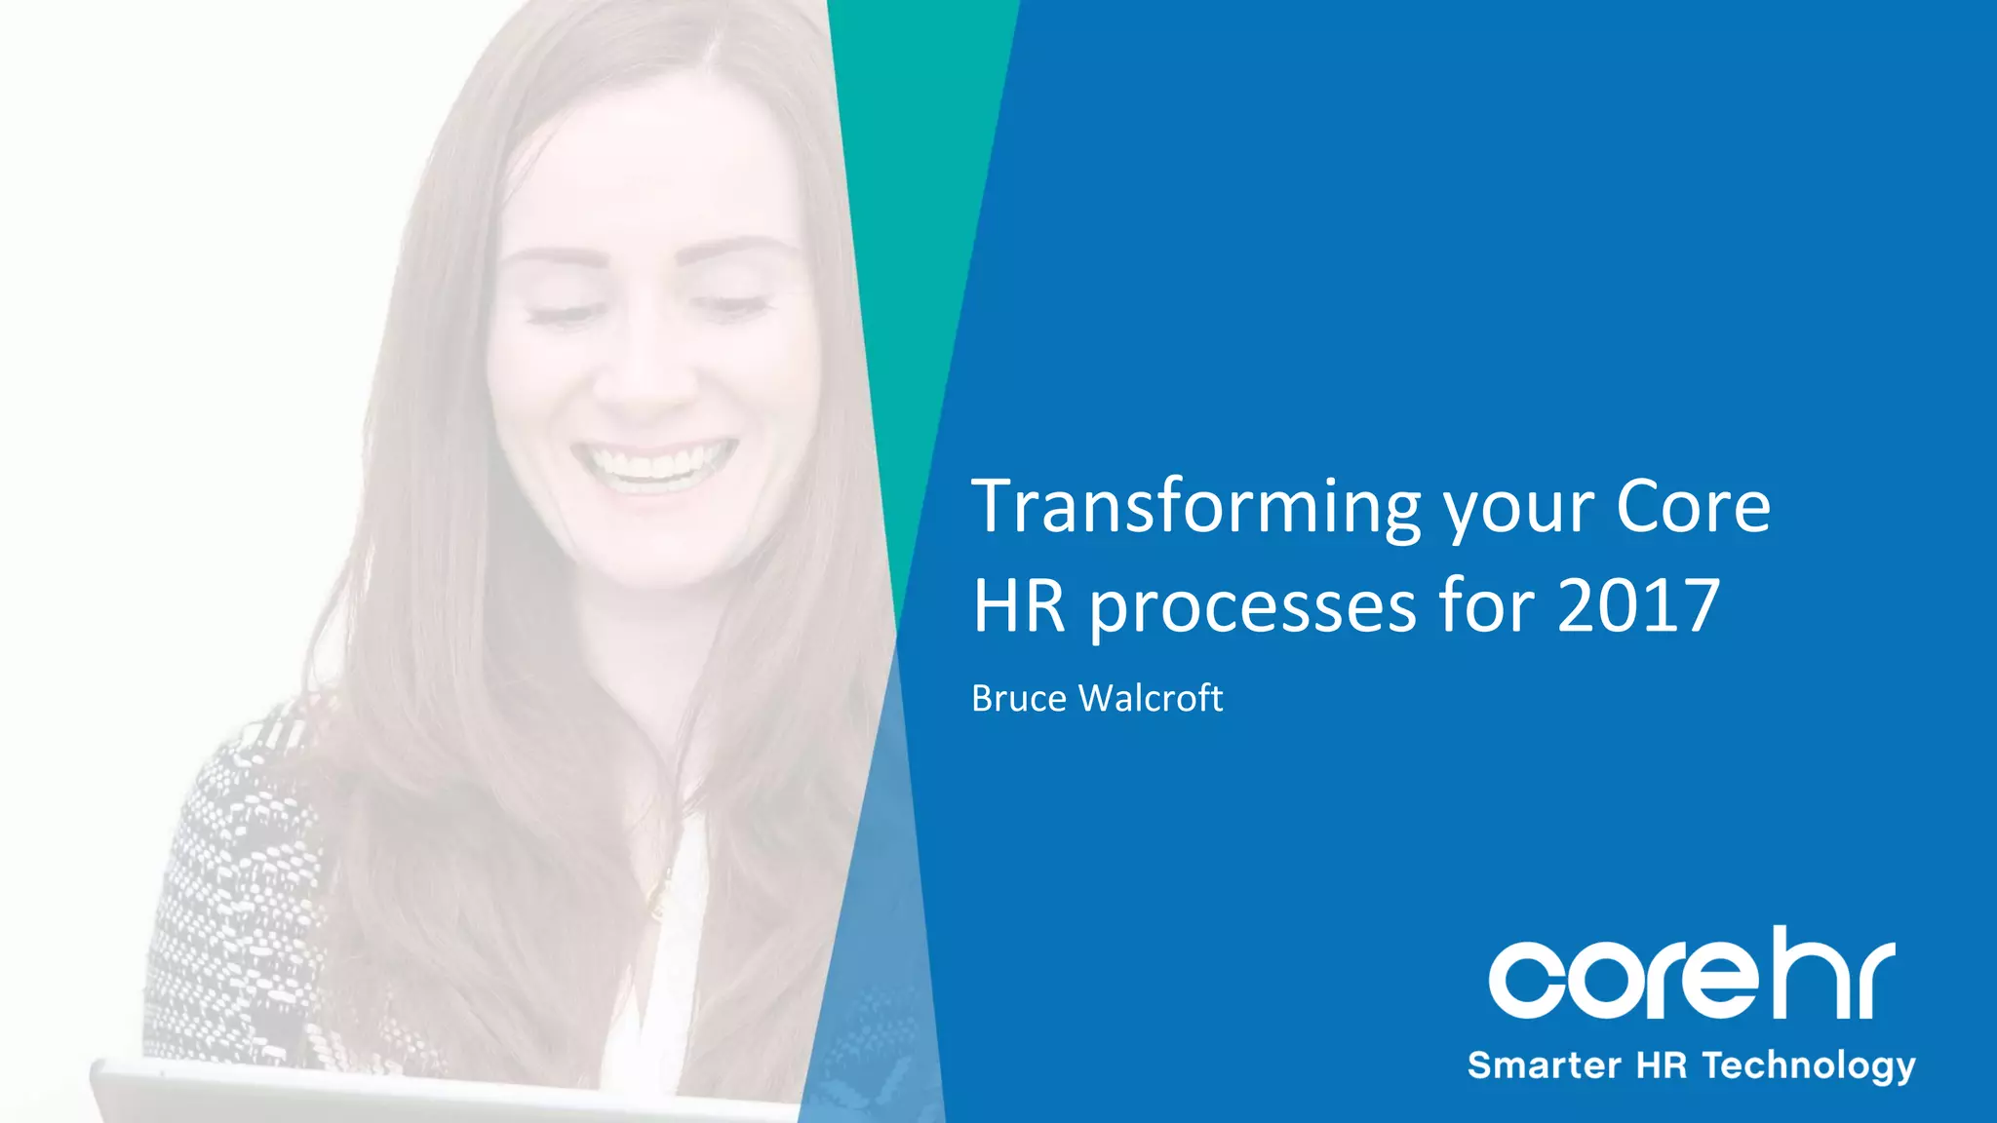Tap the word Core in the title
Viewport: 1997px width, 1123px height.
click(x=1693, y=507)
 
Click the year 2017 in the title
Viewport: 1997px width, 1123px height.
click(x=1638, y=606)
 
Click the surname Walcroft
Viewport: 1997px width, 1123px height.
click(x=1151, y=698)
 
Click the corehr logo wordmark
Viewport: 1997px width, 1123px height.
click(x=1691, y=976)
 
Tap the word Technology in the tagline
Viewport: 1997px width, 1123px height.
click(x=1809, y=1065)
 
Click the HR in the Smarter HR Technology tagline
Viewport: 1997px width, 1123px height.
click(x=1662, y=1065)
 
